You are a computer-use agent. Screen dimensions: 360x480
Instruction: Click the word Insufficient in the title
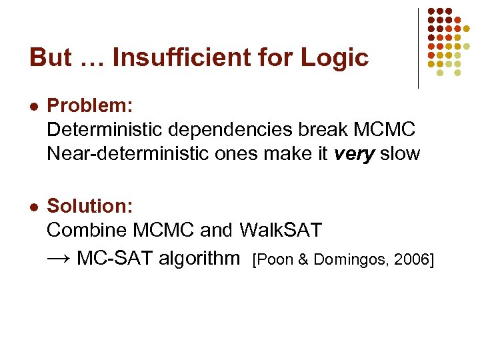coord(197,58)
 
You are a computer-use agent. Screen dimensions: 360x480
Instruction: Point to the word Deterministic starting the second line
coord(98,130)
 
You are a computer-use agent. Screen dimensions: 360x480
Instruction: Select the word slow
coord(400,154)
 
